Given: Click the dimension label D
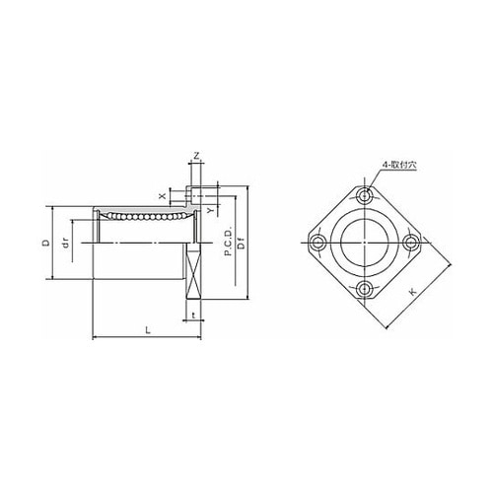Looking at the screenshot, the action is pos(47,243).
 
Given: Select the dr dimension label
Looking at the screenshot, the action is pos(67,244).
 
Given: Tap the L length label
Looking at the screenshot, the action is pos(148,330).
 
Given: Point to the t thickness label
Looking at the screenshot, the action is pos(194,316).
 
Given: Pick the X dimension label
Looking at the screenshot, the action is pos(162,196).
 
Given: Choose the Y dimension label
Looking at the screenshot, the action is pos(211,209).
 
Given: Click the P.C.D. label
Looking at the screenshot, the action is pos(228,241).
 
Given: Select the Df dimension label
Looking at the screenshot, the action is pos(242,245).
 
